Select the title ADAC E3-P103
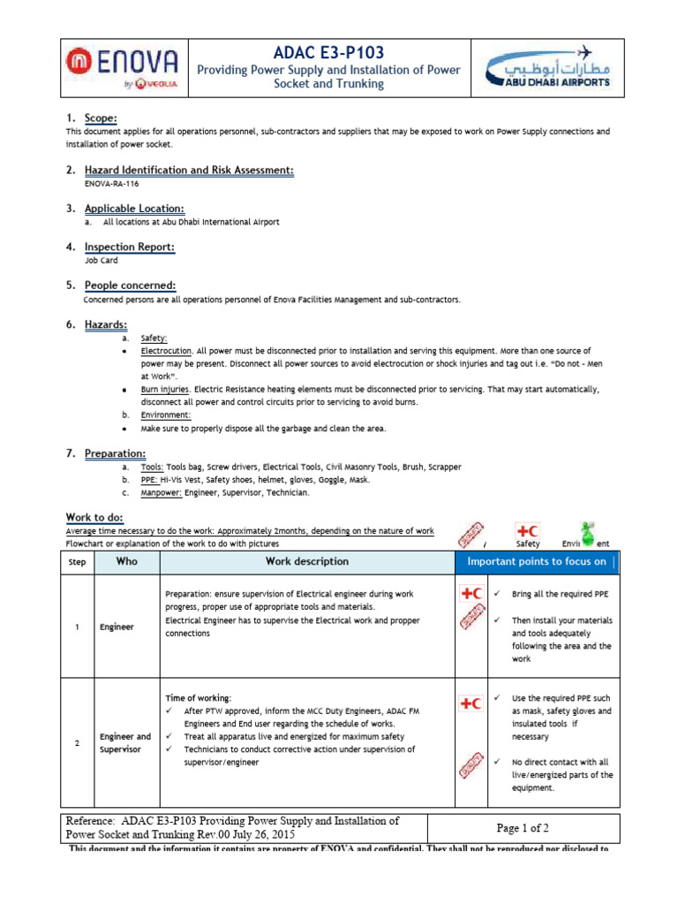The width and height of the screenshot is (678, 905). click(328, 53)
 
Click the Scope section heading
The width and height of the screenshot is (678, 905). click(100, 118)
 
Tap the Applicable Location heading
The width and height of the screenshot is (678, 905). click(134, 209)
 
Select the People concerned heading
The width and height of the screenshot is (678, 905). click(130, 285)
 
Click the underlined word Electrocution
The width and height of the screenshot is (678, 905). click(166, 351)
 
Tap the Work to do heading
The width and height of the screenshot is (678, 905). click(94, 517)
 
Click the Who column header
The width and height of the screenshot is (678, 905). click(126, 561)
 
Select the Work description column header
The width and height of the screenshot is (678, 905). click(306, 561)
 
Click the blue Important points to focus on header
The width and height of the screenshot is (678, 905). click(536, 561)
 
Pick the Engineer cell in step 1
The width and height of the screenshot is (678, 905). click(117, 627)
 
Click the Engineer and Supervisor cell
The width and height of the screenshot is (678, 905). click(124, 742)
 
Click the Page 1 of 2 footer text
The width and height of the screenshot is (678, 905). click(523, 828)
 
